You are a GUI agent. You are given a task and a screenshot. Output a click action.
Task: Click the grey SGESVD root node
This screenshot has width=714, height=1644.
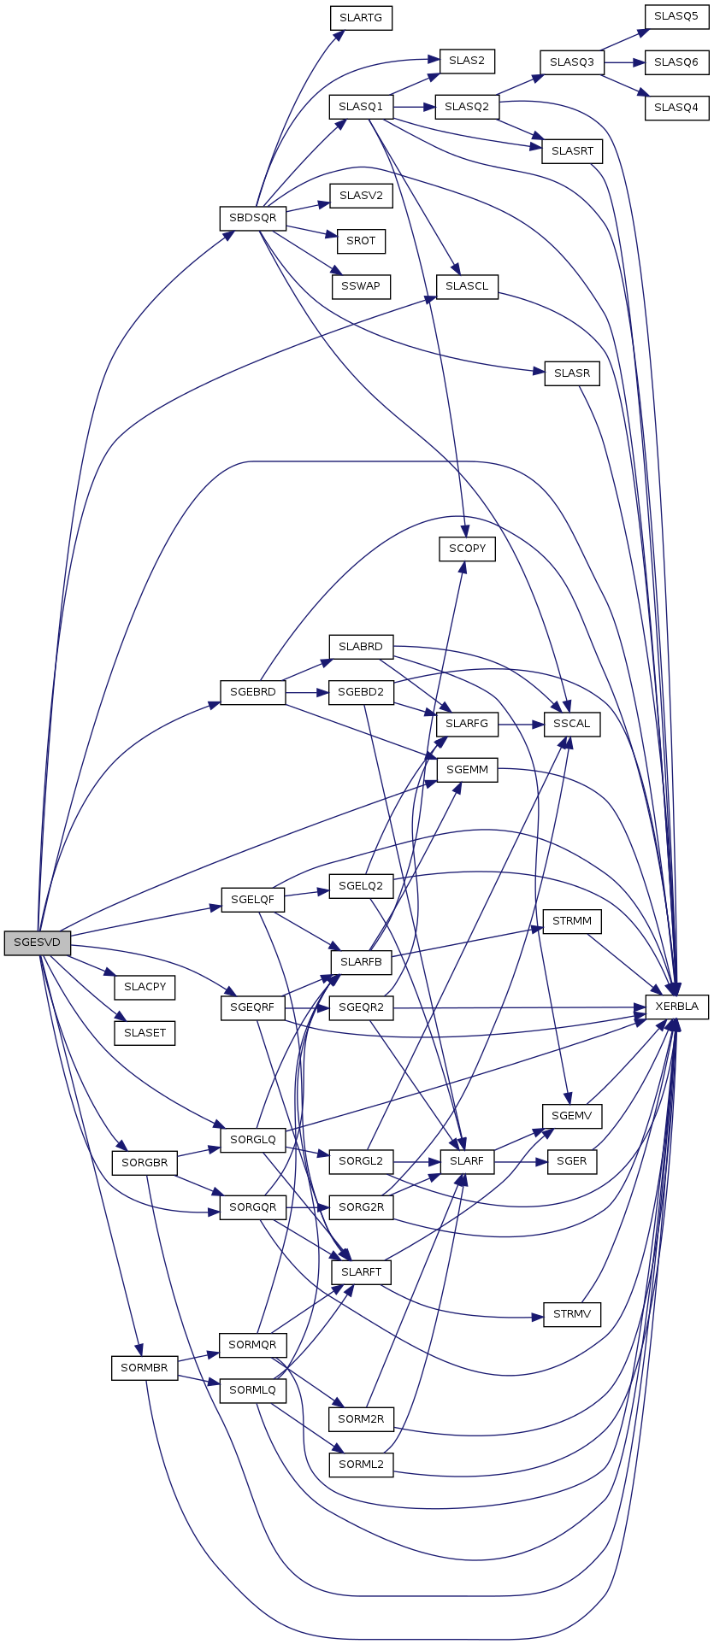[x=37, y=942]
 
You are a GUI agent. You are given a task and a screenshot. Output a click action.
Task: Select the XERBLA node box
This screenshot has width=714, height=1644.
[x=676, y=1007]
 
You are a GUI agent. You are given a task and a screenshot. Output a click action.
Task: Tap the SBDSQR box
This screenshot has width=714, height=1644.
[x=252, y=218]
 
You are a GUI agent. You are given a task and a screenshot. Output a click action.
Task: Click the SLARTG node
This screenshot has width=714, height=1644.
[x=361, y=18]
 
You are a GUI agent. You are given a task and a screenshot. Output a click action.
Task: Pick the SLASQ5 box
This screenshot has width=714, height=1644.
[x=676, y=17]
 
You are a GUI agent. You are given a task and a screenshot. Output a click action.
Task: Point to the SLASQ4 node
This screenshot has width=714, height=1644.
[x=676, y=108]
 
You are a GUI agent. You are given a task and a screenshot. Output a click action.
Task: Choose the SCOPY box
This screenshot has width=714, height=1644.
[x=467, y=549]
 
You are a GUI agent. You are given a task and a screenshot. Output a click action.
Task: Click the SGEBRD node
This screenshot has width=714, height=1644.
[x=252, y=692]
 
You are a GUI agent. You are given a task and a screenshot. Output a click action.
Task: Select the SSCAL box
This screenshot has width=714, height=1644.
[x=572, y=724]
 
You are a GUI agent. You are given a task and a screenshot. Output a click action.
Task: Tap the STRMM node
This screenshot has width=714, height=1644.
[x=572, y=922]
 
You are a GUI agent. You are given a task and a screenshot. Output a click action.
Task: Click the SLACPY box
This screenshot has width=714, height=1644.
[x=145, y=988]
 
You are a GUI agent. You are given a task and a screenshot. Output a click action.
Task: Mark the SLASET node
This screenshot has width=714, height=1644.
[x=145, y=1033]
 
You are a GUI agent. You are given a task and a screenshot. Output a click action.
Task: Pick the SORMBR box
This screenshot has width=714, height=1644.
[x=144, y=1368]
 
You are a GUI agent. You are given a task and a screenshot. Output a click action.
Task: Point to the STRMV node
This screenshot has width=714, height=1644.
[x=572, y=1314]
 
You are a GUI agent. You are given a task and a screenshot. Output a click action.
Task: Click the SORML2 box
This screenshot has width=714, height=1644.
[x=361, y=1465]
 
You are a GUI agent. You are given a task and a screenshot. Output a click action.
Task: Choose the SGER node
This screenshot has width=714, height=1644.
[x=572, y=1162]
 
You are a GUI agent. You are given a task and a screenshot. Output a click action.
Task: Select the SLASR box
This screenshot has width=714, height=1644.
[x=572, y=373]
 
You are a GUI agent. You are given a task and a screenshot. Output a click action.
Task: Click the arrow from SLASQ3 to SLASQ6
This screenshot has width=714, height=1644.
[x=624, y=62]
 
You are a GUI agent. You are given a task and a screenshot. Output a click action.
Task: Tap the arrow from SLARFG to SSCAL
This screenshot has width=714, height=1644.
[x=521, y=724]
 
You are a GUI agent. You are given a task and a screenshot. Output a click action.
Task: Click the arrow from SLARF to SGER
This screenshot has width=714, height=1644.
[x=521, y=1162]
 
